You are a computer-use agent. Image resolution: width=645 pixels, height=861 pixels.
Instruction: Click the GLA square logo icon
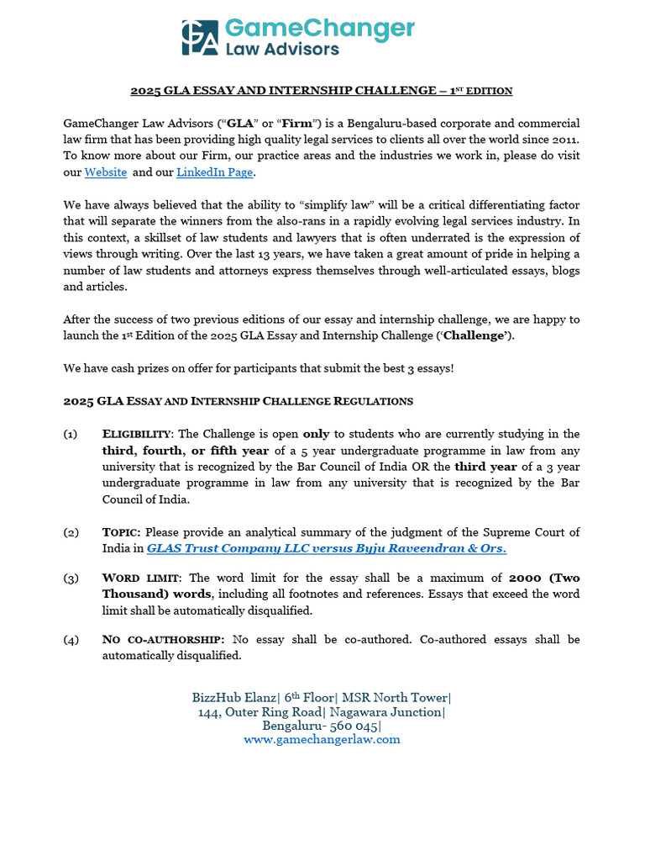(x=200, y=38)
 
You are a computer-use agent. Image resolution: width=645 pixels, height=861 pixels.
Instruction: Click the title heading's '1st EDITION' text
(x=484, y=90)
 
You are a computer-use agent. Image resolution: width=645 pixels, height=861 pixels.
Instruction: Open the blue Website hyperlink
(x=106, y=172)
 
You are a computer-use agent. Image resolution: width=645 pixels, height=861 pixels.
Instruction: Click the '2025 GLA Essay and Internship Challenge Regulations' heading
(x=238, y=401)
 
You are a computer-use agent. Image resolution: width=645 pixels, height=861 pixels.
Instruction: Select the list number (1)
(x=71, y=434)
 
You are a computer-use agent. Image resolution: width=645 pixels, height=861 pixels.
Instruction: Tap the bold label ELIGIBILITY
(x=137, y=434)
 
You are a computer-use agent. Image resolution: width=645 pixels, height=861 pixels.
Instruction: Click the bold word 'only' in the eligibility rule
(x=316, y=434)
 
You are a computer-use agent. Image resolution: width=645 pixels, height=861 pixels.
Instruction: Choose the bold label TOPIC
(x=121, y=532)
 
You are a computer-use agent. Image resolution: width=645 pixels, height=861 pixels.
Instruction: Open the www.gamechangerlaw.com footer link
(x=322, y=740)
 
